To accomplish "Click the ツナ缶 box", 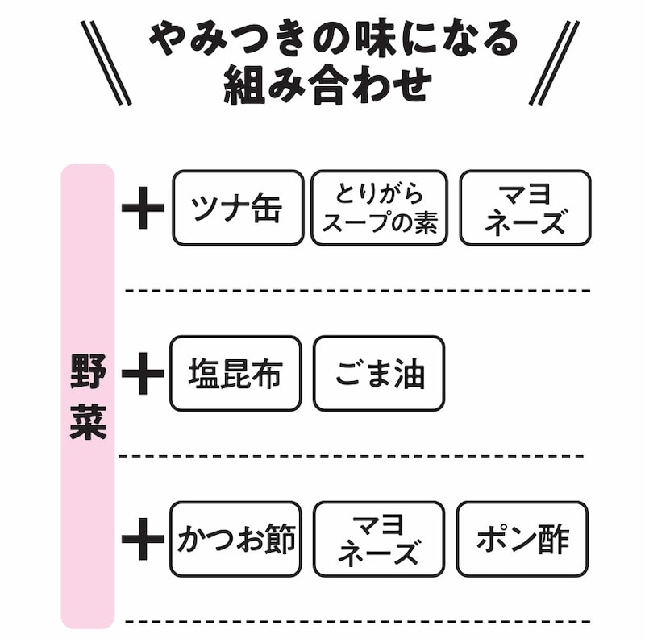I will pos(238,208).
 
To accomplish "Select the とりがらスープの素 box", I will pos(379,208).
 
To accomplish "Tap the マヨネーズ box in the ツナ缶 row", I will pos(525,208).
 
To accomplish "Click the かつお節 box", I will pos(235,539).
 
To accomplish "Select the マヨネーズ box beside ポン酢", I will pos(378,539).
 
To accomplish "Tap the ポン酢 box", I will pos(522,539).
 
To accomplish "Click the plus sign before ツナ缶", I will pos(143,209).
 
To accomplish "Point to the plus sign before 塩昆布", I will pos(143,375).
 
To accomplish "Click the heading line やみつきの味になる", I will pos(333,38).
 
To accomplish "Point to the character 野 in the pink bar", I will pos(88,370).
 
